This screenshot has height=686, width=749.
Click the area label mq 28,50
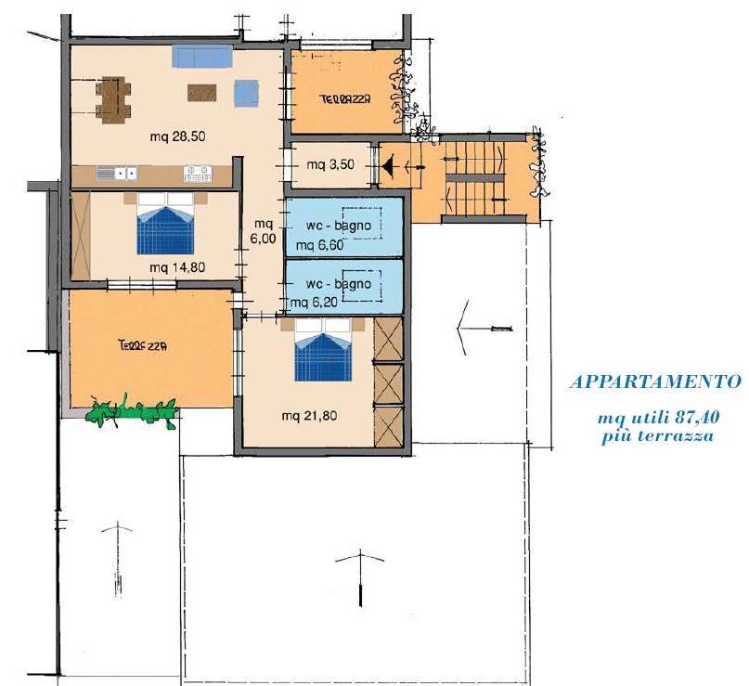(x=177, y=136)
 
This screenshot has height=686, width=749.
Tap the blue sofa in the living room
(x=202, y=57)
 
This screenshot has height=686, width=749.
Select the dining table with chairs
(x=113, y=100)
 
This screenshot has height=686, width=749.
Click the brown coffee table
(x=201, y=93)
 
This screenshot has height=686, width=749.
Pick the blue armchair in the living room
(x=247, y=93)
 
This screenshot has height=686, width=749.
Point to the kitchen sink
(x=117, y=173)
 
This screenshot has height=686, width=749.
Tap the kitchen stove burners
(x=198, y=174)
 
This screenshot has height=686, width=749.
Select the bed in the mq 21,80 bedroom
(x=323, y=350)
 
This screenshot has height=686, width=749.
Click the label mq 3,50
(x=330, y=165)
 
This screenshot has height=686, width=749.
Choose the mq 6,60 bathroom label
(x=319, y=246)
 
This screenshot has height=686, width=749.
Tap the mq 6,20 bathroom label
(x=315, y=303)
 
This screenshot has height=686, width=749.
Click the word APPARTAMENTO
(x=656, y=382)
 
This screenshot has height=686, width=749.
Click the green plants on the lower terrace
(x=132, y=411)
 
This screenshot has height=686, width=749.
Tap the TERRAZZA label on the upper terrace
(x=345, y=99)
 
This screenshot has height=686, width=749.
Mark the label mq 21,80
(x=309, y=416)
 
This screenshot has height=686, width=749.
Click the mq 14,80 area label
(x=177, y=267)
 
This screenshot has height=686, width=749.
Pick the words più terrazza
(x=657, y=436)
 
